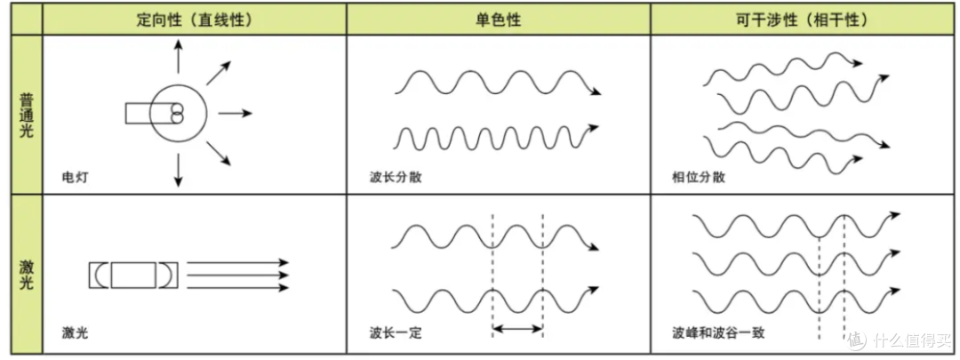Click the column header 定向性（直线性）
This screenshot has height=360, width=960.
click(x=194, y=20)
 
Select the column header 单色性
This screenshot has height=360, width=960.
click(x=499, y=20)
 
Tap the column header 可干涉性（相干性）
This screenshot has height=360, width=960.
click(x=803, y=20)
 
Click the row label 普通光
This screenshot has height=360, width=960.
click(x=27, y=115)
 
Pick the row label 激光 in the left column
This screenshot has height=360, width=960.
click(x=27, y=275)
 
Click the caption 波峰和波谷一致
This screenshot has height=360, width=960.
click(x=717, y=333)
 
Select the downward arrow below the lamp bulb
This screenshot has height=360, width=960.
click(x=178, y=170)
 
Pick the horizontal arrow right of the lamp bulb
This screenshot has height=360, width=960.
click(x=235, y=113)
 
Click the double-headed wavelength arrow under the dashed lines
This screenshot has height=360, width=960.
click(x=517, y=330)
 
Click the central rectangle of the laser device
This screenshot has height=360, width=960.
click(x=133, y=275)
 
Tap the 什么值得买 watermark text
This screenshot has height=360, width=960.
click(x=906, y=339)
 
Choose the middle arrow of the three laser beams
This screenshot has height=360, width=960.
click(x=237, y=275)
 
